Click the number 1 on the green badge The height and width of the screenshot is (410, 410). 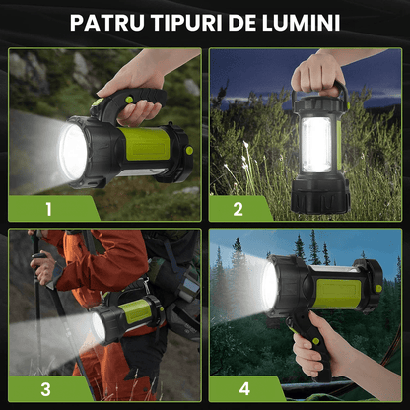[46, 208]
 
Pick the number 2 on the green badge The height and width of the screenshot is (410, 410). [238, 208]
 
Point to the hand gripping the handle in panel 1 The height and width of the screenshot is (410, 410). [133, 81]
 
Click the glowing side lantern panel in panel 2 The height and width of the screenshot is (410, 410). [317, 144]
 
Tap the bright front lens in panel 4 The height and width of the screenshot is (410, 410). [269, 285]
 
